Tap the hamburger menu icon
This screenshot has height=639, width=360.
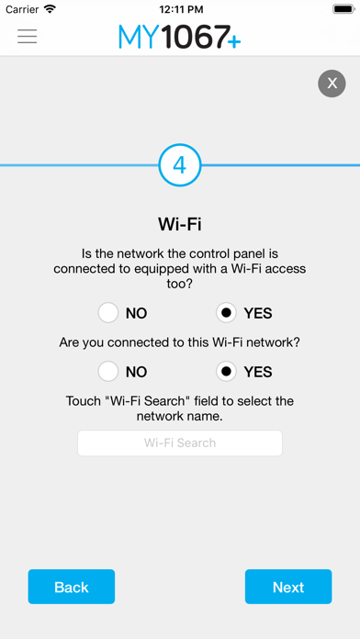(x=28, y=36)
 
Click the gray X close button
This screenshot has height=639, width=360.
(x=332, y=84)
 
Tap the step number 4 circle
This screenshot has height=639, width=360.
(x=180, y=165)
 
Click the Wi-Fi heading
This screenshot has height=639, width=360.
(x=180, y=225)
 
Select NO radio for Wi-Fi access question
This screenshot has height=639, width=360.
(x=108, y=313)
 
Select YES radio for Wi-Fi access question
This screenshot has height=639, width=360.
(x=226, y=313)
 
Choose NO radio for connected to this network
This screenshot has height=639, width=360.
(x=108, y=372)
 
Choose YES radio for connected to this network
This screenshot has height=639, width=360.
(x=226, y=372)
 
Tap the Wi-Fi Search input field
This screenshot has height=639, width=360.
(x=180, y=443)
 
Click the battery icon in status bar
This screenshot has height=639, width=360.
(x=344, y=9)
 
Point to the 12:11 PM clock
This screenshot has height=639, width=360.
(x=181, y=9)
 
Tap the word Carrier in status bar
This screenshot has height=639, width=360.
(x=22, y=9)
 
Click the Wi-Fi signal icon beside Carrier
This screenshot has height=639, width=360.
(x=51, y=8)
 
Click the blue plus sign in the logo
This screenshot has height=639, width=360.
(x=234, y=41)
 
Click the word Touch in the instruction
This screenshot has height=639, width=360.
(x=83, y=401)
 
